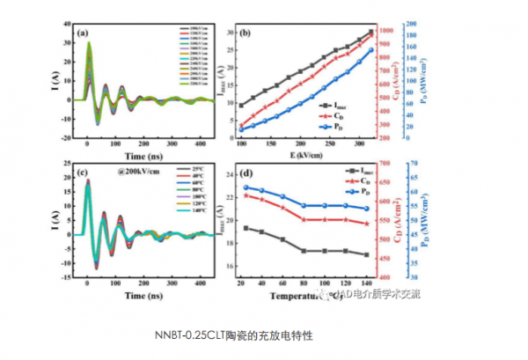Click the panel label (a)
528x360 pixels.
tap(84, 34)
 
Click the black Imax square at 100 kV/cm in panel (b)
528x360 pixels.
tap(241, 106)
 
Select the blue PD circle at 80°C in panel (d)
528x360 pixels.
tap(303, 206)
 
